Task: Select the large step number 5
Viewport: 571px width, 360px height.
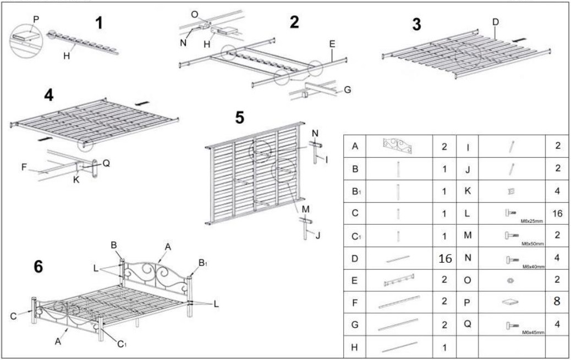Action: point(240,118)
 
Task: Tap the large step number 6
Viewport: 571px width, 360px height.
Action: point(38,267)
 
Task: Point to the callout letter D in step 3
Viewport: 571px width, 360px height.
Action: point(495,22)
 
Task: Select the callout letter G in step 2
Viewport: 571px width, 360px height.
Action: point(347,90)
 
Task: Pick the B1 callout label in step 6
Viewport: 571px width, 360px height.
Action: point(202,263)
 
